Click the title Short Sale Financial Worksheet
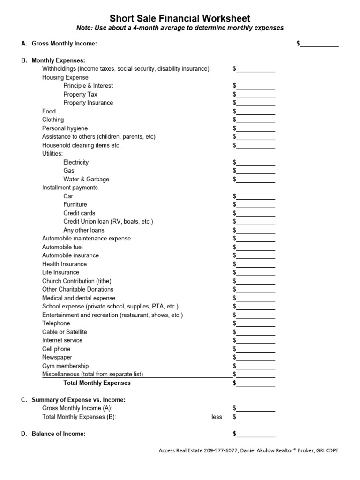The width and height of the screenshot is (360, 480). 180,18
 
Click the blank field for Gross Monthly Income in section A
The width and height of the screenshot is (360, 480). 319,44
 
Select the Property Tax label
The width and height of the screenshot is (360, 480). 80,94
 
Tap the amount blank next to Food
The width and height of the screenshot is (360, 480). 256,112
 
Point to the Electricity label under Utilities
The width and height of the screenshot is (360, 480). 76,162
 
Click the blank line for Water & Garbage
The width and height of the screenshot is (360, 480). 256,179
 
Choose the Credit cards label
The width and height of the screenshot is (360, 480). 79,213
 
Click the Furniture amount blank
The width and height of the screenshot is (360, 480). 256,205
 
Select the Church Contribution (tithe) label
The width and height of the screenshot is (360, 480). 77,281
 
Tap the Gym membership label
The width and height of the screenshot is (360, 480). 65,366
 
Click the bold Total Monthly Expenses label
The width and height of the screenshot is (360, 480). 97,383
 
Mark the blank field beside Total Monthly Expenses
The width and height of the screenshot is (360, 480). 256,383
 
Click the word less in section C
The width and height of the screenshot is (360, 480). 217,417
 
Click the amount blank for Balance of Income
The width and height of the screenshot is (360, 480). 256,434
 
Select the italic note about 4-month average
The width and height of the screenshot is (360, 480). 180,28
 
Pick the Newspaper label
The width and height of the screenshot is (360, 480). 57,357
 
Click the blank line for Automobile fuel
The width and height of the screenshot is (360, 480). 256,247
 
